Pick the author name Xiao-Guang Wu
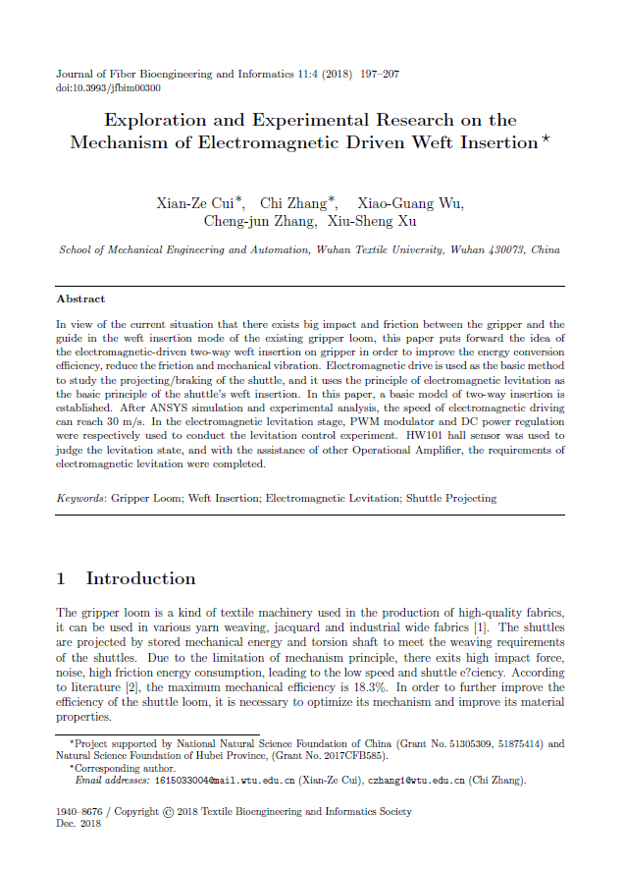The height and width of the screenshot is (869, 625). point(410,204)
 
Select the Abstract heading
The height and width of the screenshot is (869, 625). point(80,299)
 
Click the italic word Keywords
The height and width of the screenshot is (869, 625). point(80,498)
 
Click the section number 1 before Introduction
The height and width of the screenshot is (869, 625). point(62,578)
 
